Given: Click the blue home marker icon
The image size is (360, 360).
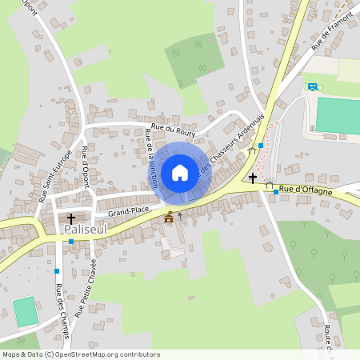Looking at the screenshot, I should coord(179,172).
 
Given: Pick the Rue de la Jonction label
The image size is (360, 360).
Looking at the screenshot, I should coord(150,159).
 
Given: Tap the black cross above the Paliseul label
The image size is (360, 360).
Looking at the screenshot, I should coord(70,218).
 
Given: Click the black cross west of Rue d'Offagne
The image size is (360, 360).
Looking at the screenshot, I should coord(253,178).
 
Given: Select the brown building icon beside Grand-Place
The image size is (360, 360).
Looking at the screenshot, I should coord(168,217).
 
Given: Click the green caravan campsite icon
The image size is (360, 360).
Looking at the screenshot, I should coord(313,86).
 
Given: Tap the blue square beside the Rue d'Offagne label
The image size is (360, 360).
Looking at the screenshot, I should coord(276,192).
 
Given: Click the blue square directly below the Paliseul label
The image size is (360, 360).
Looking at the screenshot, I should coord(70,242).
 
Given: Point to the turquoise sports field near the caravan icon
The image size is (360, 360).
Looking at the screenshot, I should coord(337,115).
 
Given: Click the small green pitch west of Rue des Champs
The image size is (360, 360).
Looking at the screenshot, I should coord(26,311).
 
